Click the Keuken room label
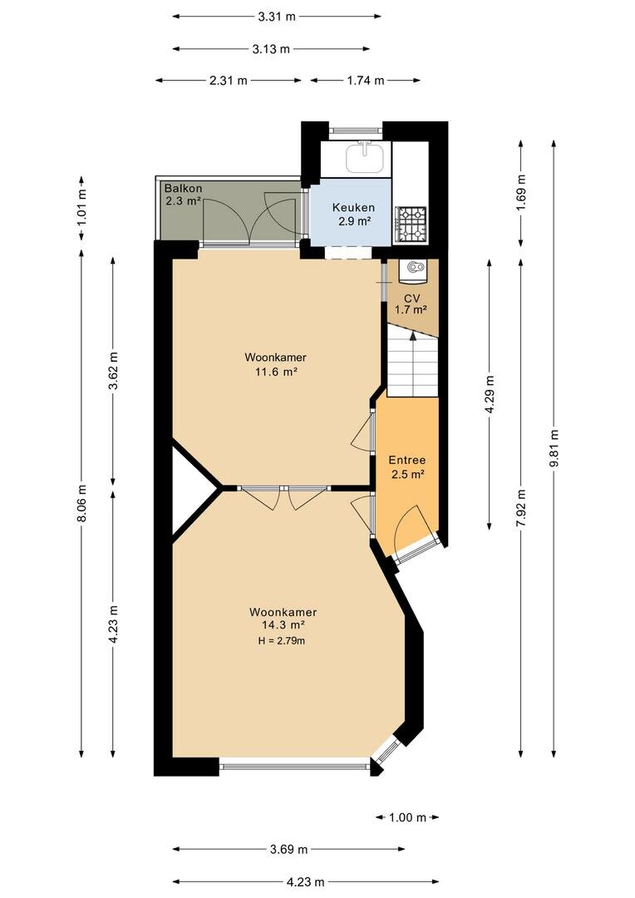click(354, 208)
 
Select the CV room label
click(411, 299)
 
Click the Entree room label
click(407, 460)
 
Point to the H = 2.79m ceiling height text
click(282, 641)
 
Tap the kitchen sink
click(365, 157)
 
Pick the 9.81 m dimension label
click(554, 448)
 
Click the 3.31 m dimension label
click(277, 17)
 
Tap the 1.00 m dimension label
click(408, 817)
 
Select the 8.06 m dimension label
click(81, 503)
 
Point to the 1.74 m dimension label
click(366, 80)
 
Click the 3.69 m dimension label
click(288, 849)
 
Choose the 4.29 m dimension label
click(490, 395)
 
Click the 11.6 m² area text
click(276, 371)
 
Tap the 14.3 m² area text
click(283, 624)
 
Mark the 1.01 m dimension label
click(81, 207)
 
